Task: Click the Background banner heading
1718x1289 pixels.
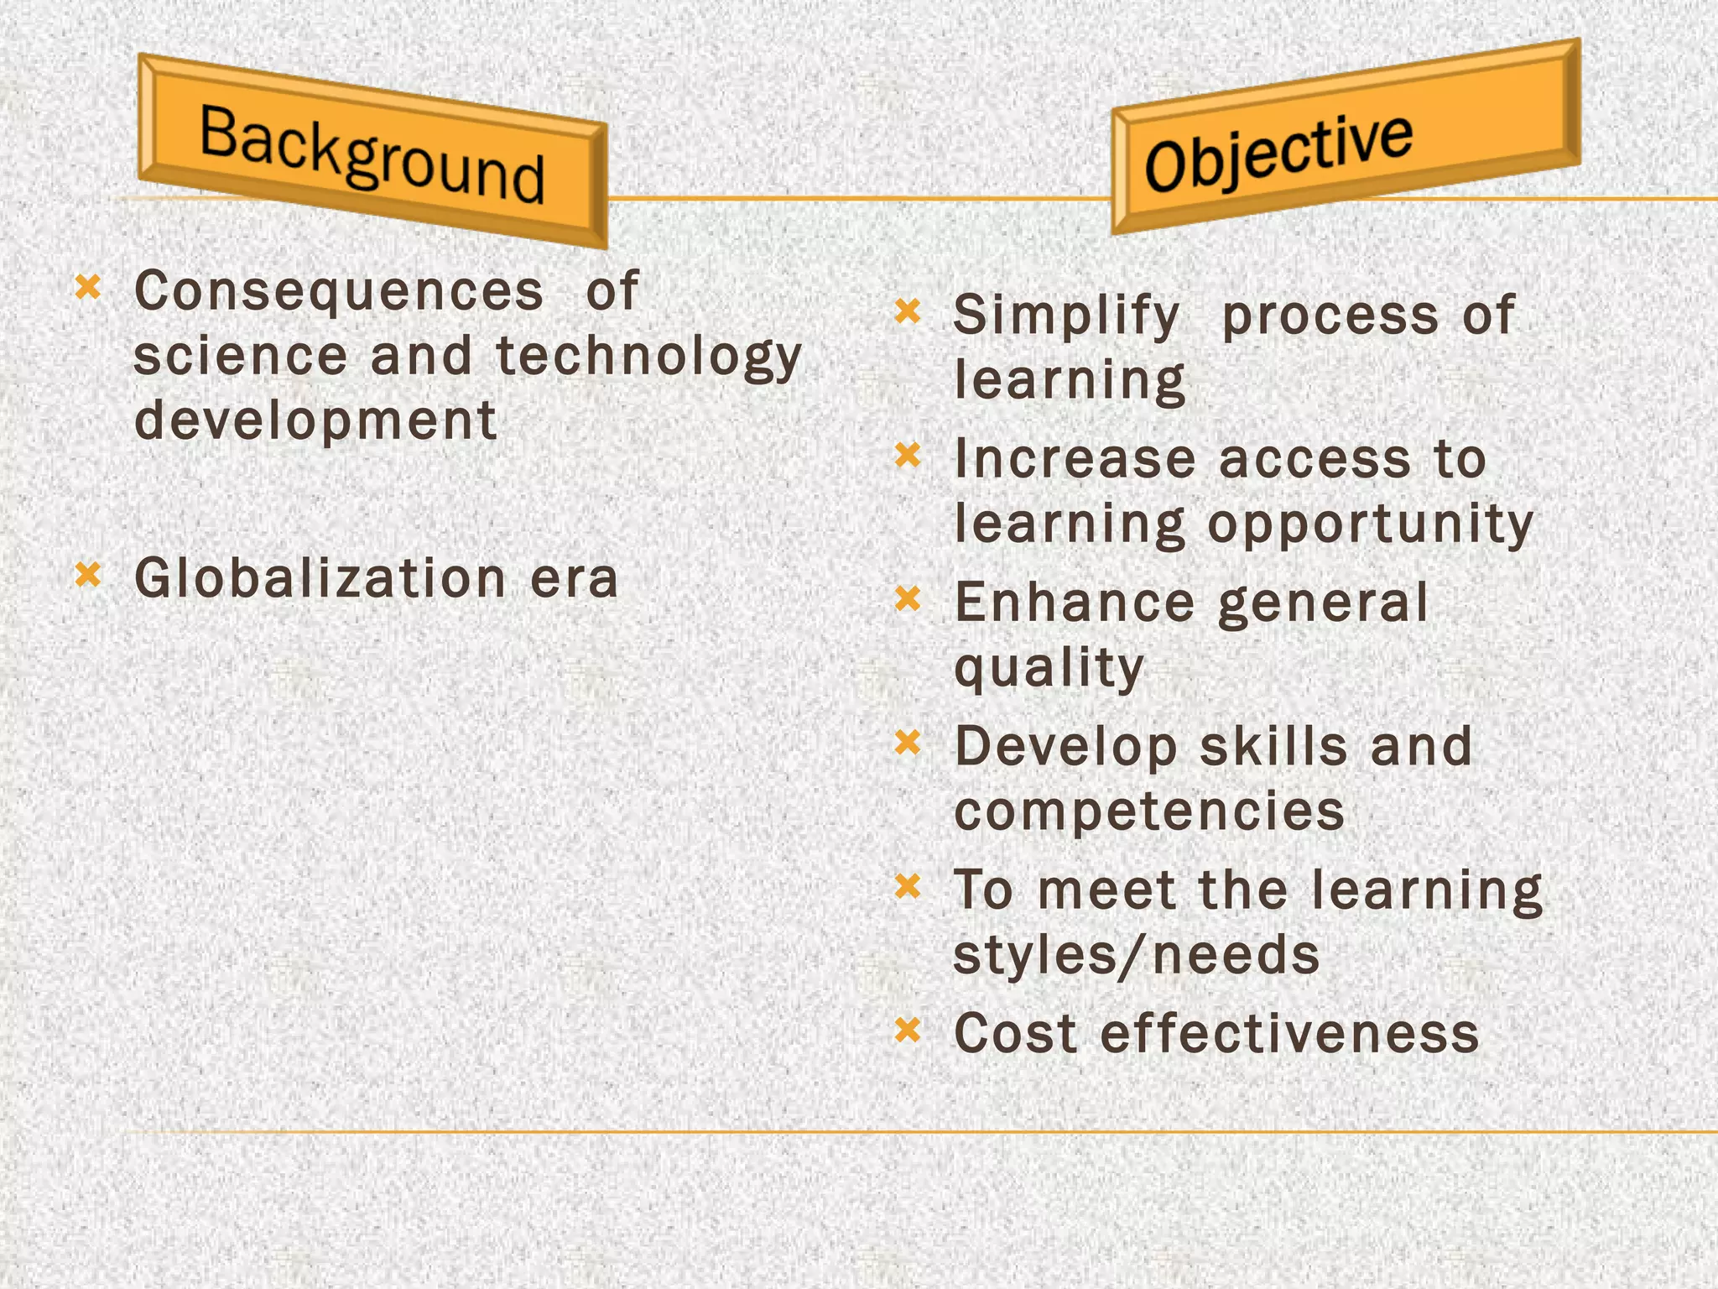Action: coord(372,154)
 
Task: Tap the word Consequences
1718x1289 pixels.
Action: coord(339,291)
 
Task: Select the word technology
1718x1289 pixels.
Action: coord(648,357)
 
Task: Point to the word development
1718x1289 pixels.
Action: coord(315,420)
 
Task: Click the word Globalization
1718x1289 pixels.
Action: coord(320,578)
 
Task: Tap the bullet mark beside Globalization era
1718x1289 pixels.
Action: coord(88,575)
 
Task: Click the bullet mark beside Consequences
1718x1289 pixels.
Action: coord(88,288)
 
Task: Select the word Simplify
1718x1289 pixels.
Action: coord(1066,316)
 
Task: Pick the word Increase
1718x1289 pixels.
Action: coord(1075,459)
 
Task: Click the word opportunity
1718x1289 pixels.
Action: coord(1370,524)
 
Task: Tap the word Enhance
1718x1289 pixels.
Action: coord(1075,603)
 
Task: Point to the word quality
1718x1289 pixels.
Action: coord(1049,668)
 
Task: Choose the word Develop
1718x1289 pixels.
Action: coord(1066,746)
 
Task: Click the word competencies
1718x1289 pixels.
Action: coord(1148,811)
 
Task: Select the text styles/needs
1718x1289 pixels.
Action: coord(1137,955)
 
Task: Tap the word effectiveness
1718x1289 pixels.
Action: coord(1289,1033)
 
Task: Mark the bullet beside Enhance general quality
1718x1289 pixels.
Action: coord(908,599)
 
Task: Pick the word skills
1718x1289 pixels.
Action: coord(1273,746)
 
